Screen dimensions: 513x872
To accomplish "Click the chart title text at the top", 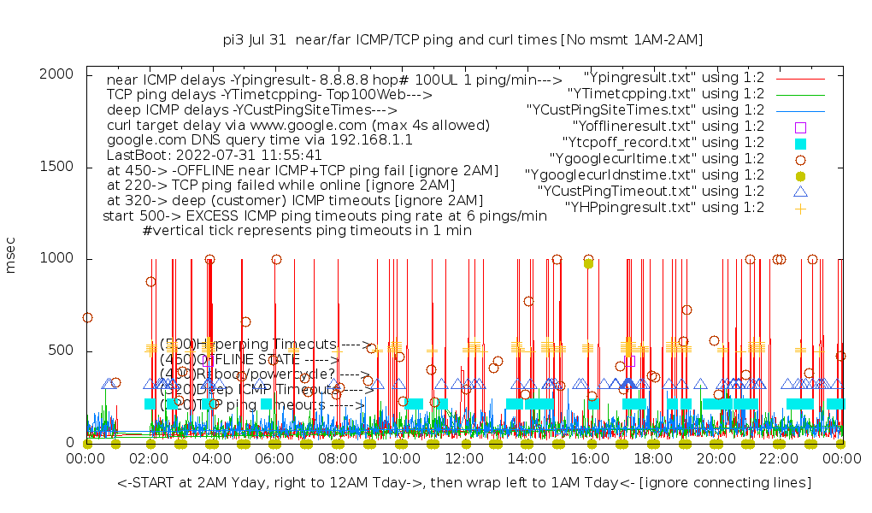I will coord(463,39).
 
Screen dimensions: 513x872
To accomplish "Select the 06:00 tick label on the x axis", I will coord(275,460).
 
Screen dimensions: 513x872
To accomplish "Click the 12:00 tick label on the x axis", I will coord(464,460).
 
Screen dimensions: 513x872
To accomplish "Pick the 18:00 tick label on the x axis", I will coord(653,460).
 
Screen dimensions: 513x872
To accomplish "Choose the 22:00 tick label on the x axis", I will coord(779,460).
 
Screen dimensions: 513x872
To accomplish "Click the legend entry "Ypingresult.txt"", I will coord(674,78).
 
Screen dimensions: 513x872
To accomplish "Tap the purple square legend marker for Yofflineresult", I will coord(800,127).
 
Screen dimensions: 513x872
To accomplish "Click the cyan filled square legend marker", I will coord(800,143).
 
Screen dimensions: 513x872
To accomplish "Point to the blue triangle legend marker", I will coord(800,192).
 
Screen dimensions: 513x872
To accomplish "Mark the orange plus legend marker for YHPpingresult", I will coord(800,208).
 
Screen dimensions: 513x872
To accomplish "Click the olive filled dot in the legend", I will coord(800,175).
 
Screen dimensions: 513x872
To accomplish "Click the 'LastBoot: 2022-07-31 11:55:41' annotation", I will coord(214,156).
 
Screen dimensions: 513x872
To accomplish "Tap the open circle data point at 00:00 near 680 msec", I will coord(87,317).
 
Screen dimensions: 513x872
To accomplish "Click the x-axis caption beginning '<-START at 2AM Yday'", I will coord(464,483).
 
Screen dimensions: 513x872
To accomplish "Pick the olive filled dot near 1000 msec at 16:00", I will coord(588,263).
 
